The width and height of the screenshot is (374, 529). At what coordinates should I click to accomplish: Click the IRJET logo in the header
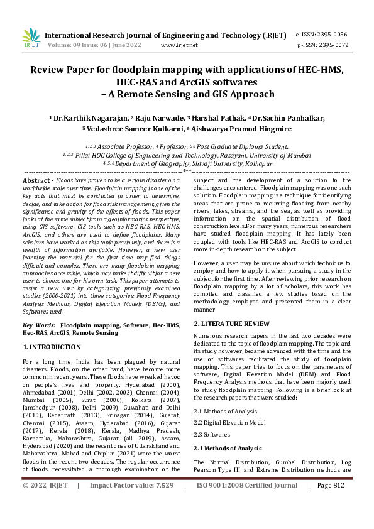pyautogui.click(x=31, y=39)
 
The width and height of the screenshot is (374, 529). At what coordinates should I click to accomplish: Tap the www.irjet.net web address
pyautogui.click(x=179, y=45)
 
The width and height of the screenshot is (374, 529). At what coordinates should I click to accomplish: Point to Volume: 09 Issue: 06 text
pyautogui.click(x=86, y=45)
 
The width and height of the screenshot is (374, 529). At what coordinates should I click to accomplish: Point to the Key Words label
pyautogui.click(x=38, y=325)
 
